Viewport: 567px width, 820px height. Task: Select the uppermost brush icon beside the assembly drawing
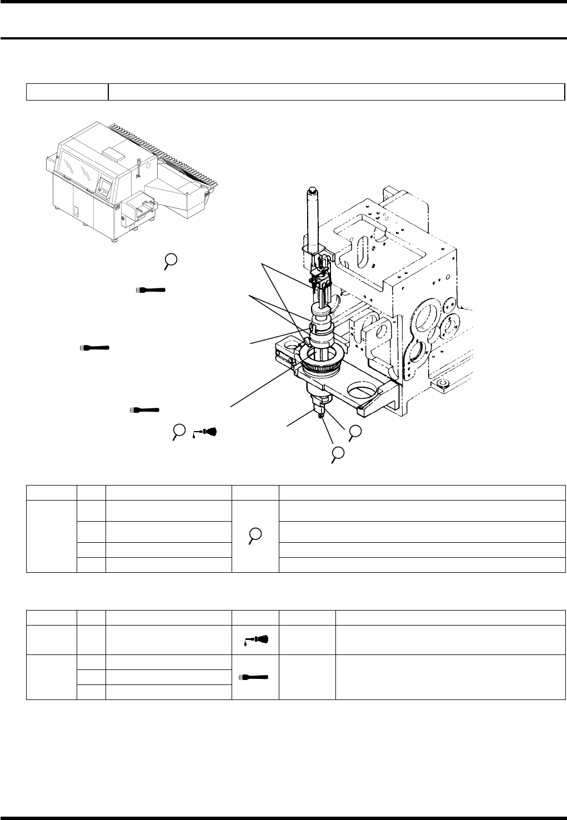click(x=151, y=290)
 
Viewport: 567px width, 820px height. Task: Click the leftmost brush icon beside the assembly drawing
click(x=94, y=348)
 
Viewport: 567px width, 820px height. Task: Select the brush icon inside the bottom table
click(x=255, y=677)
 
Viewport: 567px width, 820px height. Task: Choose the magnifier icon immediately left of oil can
click(x=178, y=431)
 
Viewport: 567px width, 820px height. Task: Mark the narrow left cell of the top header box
click(x=67, y=92)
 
